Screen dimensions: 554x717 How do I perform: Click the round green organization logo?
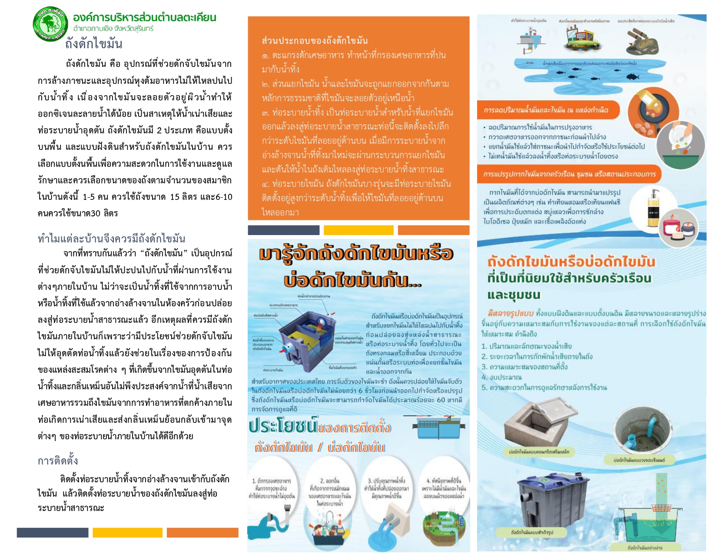coord(51,24)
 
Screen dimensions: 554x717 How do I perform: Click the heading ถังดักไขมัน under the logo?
coord(94,44)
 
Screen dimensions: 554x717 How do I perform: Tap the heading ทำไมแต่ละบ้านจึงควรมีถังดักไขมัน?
coord(111,239)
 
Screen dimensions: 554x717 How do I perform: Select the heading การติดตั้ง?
coord(58,461)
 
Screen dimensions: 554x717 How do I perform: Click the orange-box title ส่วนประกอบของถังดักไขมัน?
coord(315,41)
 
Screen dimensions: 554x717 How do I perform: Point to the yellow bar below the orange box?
coord(358,230)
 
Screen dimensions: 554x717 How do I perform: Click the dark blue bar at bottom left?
coord(53,533)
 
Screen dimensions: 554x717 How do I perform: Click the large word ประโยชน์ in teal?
coord(283,427)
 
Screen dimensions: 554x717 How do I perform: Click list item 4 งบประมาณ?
coord(502,377)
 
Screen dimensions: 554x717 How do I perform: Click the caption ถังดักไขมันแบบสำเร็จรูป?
coord(532,532)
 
